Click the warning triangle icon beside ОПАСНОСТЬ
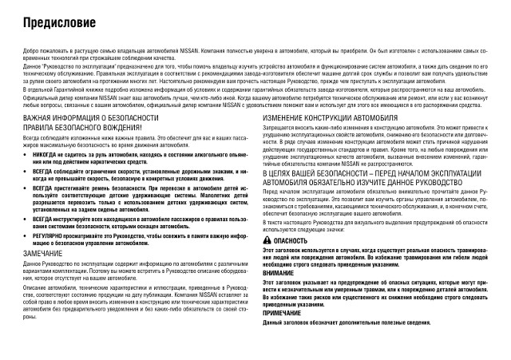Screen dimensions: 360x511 click(x=267, y=240)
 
